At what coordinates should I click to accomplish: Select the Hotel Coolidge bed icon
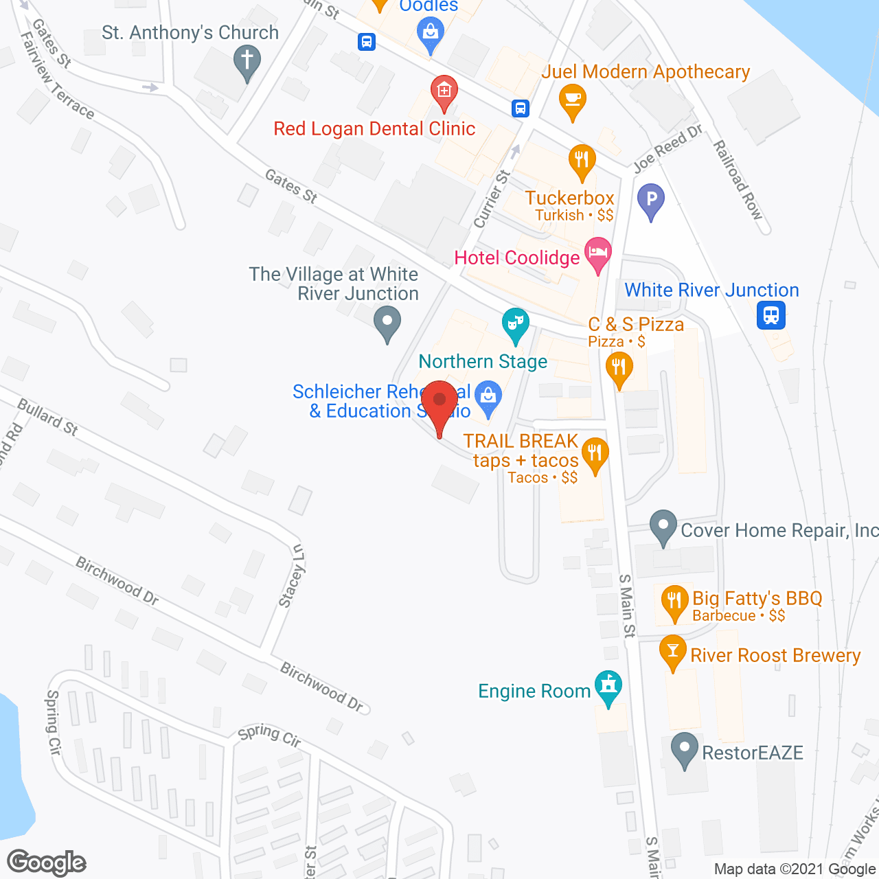pos(598,253)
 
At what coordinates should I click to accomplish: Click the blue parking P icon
pos(650,200)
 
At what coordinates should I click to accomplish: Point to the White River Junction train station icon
pos(771,316)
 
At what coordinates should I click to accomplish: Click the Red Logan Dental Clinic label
pos(374,128)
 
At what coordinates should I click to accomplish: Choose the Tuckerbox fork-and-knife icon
pos(582,160)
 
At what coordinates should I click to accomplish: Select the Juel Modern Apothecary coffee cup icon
pos(572,99)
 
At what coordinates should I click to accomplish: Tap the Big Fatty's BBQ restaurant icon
pos(674,600)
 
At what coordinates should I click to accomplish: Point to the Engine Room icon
pos(608,686)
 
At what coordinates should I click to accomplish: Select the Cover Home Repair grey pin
pos(663,525)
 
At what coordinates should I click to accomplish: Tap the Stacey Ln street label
pos(293,575)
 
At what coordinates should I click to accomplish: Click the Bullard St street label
pos(47,417)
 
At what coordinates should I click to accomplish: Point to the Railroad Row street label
pos(738,179)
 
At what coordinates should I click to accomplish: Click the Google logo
pos(47,863)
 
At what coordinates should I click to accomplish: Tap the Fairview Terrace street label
pos(58,76)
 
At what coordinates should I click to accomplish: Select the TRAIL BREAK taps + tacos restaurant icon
pos(595,454)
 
